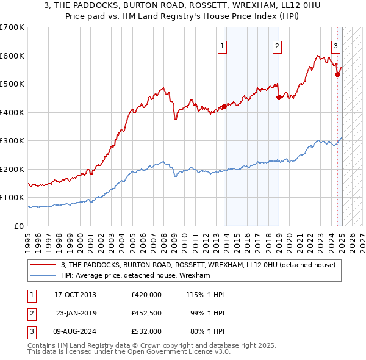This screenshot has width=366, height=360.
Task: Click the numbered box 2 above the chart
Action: [x=277, y=46]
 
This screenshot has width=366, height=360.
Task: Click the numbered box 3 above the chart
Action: [x=336, y=46]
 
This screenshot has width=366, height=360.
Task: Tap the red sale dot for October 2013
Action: [x=224, y=106]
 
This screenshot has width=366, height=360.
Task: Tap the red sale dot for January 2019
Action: [x=279, y=97]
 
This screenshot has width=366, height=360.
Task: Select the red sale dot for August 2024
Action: [x=337, y=75]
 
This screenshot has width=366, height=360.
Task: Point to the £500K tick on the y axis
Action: [x=12, y=84]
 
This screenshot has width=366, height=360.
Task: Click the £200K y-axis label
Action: [x=12, y=169]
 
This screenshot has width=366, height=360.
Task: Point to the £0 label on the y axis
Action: [x=19, y=226]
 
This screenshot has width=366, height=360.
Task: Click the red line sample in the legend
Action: [x=43, y=265]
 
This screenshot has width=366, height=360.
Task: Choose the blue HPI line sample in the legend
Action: [x=43, y=276]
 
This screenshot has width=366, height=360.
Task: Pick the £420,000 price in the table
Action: [x=146, y=295]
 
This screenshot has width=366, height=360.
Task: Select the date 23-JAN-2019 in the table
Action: [x=76, y=313]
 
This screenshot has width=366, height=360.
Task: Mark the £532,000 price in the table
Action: [x=146, y=331]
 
